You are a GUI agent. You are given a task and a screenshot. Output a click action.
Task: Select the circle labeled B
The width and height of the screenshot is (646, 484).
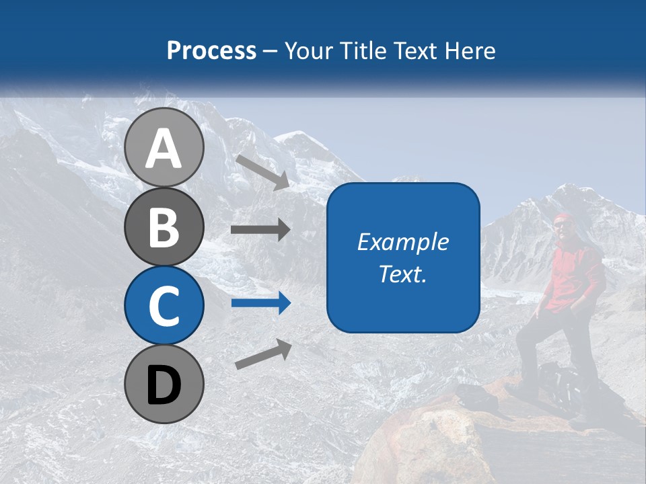pyautogui.click(x=164, y=227)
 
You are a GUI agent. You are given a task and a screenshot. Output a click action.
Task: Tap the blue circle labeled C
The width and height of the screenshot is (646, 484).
pyautogui.click(x=164, y=305)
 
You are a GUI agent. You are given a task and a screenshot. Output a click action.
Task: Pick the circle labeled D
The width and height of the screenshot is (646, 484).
pyautogui.click(x=164, y=384)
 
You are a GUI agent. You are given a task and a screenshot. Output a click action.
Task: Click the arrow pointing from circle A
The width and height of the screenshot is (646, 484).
pyautogui.click(x=262, y=171)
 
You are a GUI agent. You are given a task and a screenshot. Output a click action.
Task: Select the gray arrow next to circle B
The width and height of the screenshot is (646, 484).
pyautogui.click(x=260, y=229)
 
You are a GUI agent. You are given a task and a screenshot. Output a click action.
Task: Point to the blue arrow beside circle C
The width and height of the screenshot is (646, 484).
pyautogui.click(x=260, y=302)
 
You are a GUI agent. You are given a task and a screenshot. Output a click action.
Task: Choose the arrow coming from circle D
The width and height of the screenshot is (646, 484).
pyautogui.click(x=263, y=354)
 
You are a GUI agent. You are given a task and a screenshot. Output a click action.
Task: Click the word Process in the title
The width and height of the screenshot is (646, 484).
pyautogui.click(x=211, y=50)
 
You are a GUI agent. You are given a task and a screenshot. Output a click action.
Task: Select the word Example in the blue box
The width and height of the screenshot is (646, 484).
pyautogui.click(x=402, y=242)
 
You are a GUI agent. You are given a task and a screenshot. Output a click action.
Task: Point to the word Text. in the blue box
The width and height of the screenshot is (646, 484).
pyautogui.click(x=402, y=274)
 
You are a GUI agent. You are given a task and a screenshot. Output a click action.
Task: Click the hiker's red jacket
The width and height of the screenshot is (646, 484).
pyautogui.click(x=572, y=276)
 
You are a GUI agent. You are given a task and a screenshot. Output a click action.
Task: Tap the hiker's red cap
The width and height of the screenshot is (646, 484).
pyautogui.click(x=562, y=218)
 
